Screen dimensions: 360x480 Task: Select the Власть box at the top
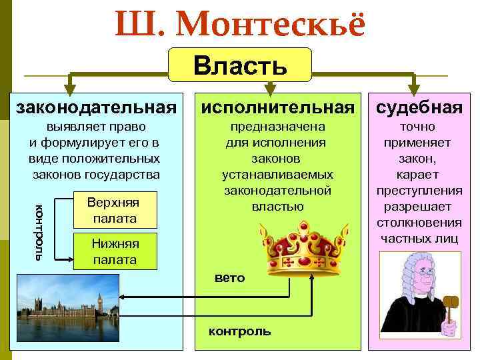(240, 65)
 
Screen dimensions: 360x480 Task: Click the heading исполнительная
(277, 107)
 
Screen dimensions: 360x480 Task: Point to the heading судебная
(419, 107)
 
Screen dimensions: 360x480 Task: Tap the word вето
(229, 278)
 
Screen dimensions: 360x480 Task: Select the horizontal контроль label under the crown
(239, 331)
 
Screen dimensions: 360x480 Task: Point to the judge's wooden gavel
(449, 302)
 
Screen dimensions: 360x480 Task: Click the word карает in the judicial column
(419, 174)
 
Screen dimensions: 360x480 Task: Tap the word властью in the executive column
(277, 207)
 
